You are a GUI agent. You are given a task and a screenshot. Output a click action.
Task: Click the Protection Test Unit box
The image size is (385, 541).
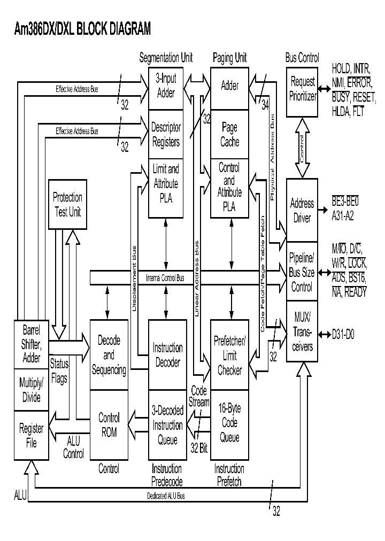pos(67,204)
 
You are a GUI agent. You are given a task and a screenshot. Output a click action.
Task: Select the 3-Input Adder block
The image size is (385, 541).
pos(166,86)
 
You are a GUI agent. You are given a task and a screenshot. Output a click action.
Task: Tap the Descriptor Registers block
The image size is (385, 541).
pos(166,135)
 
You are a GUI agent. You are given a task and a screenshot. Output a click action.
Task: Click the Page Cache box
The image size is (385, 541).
pos(230,135)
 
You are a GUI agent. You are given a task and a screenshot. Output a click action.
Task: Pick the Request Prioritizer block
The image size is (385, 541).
pos(302,89)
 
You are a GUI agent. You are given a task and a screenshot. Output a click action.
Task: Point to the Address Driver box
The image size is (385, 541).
pos(302,211)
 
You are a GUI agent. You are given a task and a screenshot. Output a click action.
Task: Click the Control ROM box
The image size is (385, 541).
pos(109,424)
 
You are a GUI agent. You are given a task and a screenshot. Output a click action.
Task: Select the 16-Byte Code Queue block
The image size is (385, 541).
pos(230,423)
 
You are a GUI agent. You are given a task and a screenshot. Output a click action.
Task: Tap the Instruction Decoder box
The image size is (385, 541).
pos(167,355)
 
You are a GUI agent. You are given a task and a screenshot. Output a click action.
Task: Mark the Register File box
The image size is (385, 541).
pos(31,435)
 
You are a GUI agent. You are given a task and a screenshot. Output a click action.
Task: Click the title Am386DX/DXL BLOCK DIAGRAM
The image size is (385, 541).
pos(82,29)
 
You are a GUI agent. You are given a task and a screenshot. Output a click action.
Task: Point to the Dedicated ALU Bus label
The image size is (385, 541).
pos(166,496)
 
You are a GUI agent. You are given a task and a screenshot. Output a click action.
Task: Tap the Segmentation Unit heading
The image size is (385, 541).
pos(166,58)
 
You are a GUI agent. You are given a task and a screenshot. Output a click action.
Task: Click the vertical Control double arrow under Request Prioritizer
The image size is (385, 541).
pos(302,148)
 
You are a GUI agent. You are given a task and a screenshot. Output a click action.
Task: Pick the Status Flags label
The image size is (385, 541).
pos(59,372)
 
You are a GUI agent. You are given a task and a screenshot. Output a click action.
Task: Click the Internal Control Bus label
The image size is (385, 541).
pos(165,278)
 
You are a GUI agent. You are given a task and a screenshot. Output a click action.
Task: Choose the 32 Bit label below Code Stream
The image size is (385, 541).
pos(199,449)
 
